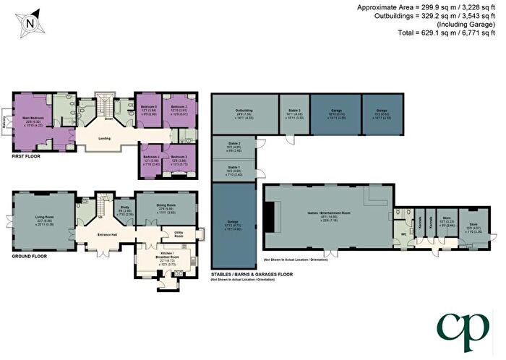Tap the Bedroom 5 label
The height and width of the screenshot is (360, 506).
179,157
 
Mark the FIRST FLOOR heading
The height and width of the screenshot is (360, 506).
26,155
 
